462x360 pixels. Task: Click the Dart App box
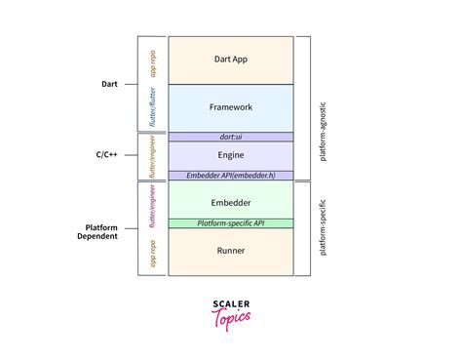pos(230,60)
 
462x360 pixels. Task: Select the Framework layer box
pos(230,107)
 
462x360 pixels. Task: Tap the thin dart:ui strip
pos(230,138)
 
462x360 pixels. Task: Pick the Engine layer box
pos(230,155)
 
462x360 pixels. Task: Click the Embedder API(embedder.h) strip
pos(230,176)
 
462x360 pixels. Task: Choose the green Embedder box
pos(230,201)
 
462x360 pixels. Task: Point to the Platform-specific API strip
pos(230,223)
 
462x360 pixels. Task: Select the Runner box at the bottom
pos(230,251)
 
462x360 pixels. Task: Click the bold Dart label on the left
pos(108,84)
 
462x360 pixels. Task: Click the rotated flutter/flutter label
pos(153,107)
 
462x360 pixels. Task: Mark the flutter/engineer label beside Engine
pos(153,156)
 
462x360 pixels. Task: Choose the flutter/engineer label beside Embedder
pos(153,208)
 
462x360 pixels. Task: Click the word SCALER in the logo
pos(231,302)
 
